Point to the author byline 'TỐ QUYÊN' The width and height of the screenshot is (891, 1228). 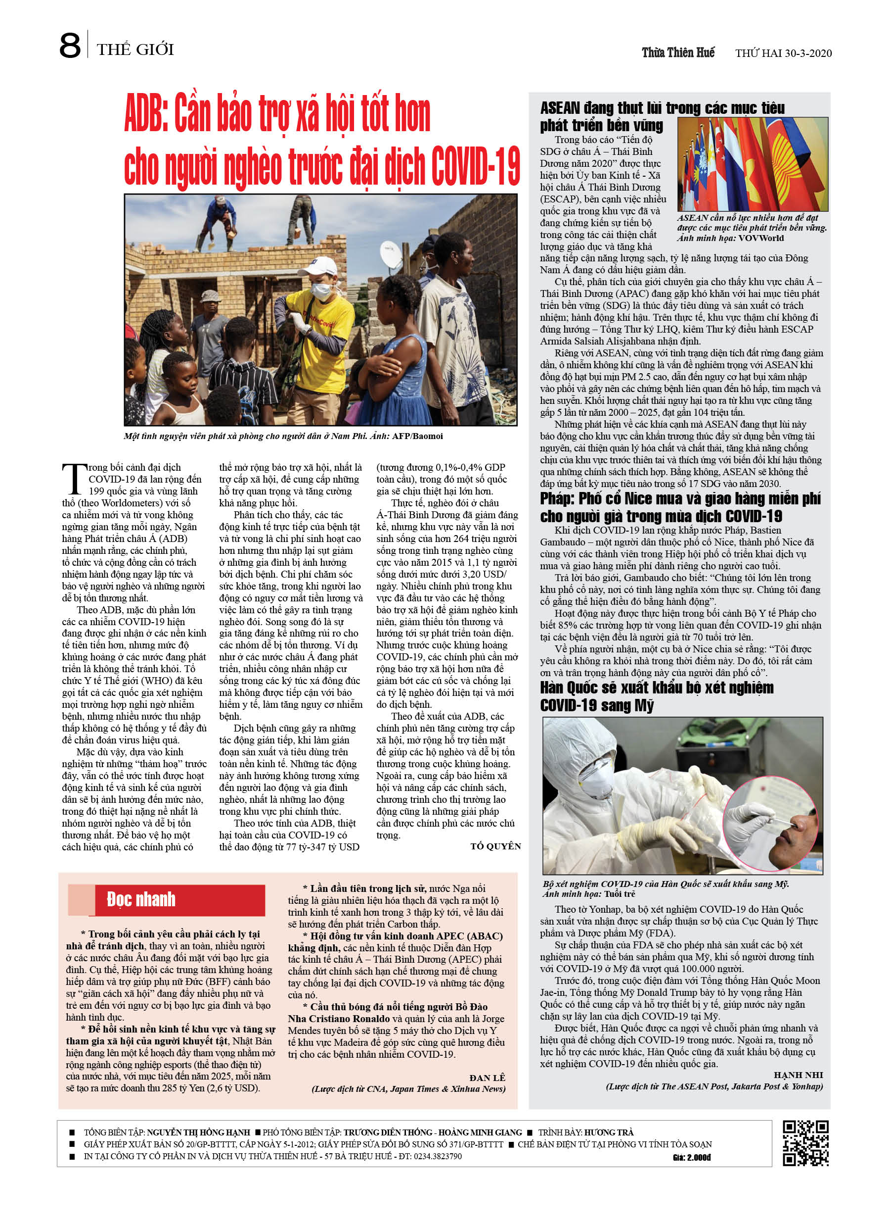(495, 846)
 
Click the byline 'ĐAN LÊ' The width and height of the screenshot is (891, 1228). (487, 1078)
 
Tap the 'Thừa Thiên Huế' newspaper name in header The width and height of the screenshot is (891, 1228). (678, 52)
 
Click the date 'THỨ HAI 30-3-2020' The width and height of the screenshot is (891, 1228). (783, 53)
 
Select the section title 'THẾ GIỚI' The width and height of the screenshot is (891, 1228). (135, 50)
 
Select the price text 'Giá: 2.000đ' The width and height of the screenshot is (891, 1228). (691, 1157)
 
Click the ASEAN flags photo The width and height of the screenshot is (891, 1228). (752, 164)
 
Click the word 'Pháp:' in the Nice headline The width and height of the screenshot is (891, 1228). (557, 498)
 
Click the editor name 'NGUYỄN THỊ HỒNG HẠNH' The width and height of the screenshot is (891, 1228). (199, 1132)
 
